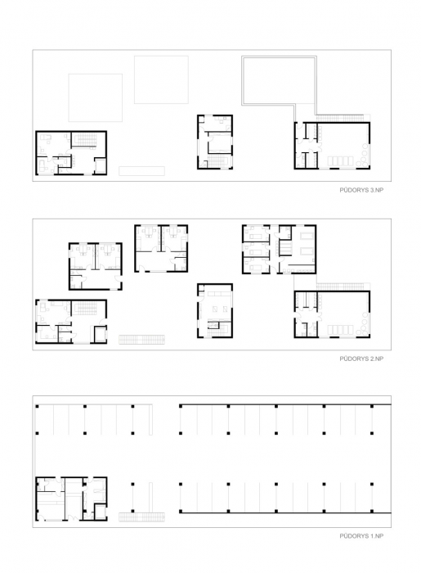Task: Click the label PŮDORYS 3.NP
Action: click(x=361, y=190)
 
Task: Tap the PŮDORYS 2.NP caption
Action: click(x=361, y=359)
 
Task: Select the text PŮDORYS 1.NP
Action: click(x=361, y=536)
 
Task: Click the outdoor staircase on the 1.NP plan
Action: click(x=141, y=517)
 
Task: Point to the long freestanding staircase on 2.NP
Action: click(x=141, y=340)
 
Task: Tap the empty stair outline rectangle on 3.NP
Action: click(x=141, y=171)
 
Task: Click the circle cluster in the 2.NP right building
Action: click(x=363, y=324)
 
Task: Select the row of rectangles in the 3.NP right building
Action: click(x=340, y=161)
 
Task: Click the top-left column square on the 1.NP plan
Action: click(x=37, y=406)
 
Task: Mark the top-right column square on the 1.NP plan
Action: click(x=372, y=406)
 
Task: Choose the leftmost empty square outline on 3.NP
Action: click(x=95, y=97)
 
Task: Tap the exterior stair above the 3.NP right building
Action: click(x=339, y=118)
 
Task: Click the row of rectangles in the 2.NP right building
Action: click(x=340, y=330)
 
